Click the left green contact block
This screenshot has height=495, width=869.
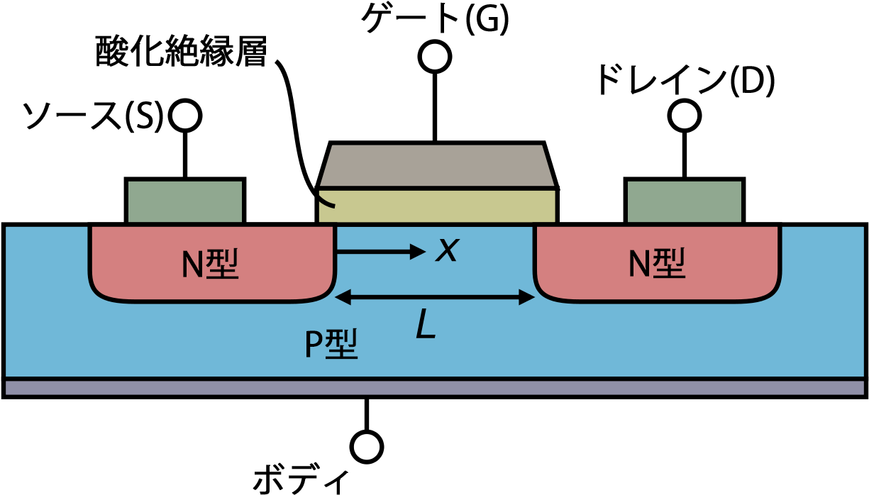tap(185, 201)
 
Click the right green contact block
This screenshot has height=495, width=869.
tap(685, 201)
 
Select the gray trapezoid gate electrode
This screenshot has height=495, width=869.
tap(436, 166)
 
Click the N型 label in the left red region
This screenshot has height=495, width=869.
tap(210, 265)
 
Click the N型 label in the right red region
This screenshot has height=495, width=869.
tap(657, 264)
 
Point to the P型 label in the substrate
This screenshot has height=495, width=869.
tap(331, 345)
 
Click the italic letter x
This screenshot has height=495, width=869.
tap(447, 250)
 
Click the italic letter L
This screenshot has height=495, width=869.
tap(425, 326)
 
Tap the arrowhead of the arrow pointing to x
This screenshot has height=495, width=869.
tap(419, 251)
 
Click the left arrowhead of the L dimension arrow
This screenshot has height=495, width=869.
tap(342, 297)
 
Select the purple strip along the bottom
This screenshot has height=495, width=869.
tap(434, 388)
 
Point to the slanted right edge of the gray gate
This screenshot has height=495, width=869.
tap(549, 166)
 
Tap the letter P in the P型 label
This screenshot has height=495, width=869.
tap(314, 345)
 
